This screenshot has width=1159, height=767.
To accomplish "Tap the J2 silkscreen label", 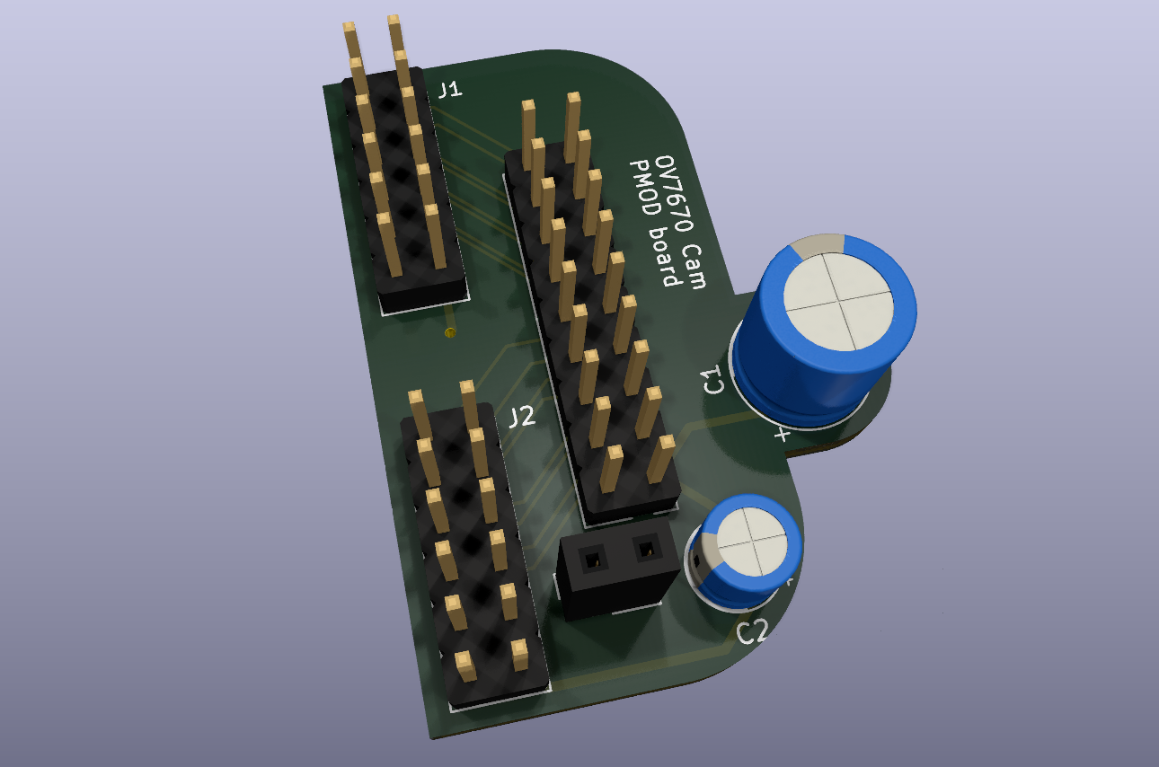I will point(522,416).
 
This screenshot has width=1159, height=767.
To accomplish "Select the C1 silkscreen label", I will point(714,380).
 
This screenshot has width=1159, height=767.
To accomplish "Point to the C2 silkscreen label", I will point(752,632).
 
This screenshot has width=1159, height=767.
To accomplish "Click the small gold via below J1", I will point(451,333).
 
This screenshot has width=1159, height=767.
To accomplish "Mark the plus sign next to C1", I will point(783,436).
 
